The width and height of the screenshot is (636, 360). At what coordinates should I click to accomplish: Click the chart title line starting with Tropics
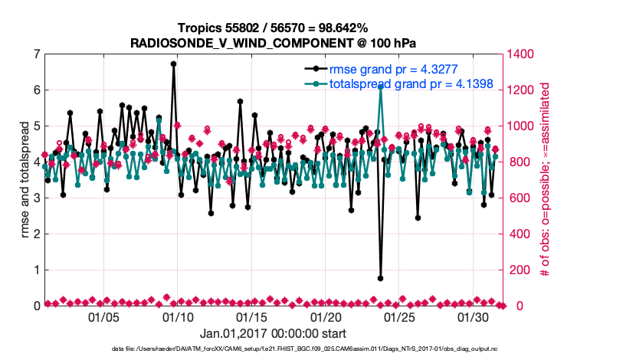click(274, 28)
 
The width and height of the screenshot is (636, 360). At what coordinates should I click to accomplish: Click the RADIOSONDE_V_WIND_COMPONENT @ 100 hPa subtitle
click(274, 43)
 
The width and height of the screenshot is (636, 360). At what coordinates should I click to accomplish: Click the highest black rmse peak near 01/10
click(174, 64)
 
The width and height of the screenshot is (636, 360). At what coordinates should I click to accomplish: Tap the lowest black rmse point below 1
click(381, 278)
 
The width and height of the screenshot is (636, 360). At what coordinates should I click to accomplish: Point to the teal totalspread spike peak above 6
click(381, 87)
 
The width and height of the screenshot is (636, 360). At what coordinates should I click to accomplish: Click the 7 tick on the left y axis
click(36, 54)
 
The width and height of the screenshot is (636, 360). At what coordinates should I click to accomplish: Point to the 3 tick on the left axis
click(36, 198)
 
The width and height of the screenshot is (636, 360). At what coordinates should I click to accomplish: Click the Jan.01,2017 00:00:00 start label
click(273, 333)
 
